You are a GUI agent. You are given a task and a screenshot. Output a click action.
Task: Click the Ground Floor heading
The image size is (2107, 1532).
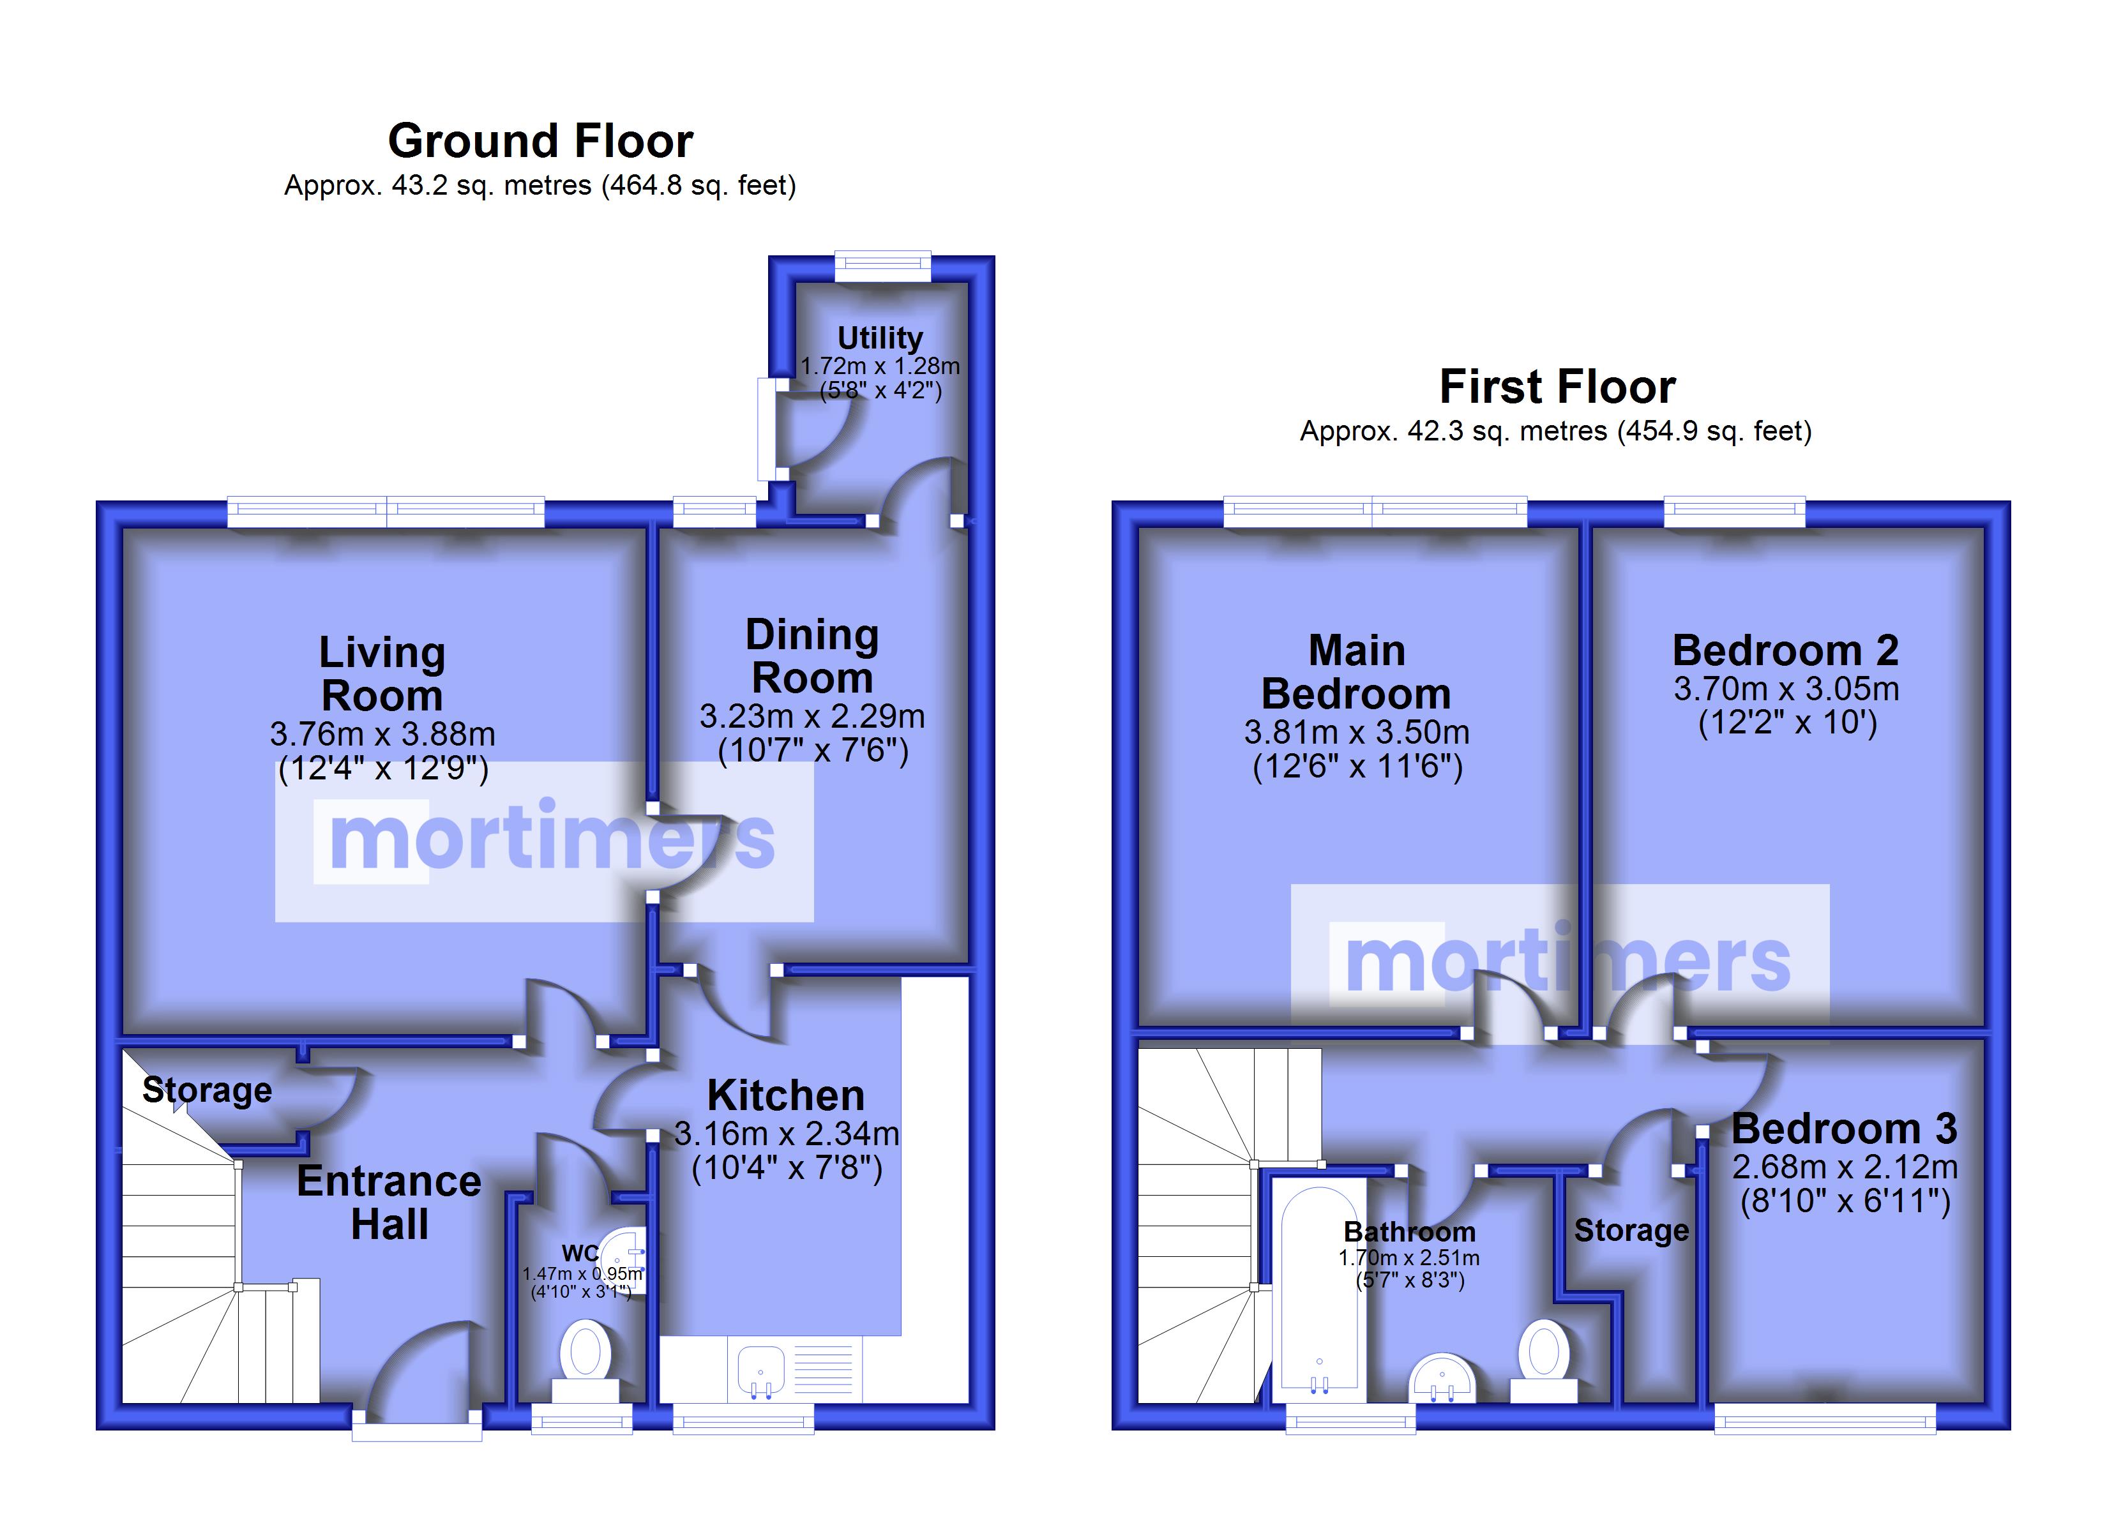point(541,141)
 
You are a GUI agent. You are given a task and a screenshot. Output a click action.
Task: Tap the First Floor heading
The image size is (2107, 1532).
point(1557,386)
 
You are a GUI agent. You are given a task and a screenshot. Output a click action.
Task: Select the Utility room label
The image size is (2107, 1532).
point(880,338)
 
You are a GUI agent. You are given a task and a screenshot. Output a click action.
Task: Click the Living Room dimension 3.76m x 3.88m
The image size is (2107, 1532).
point(382,734)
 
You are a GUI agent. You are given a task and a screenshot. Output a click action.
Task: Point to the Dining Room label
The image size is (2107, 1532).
point(812,656)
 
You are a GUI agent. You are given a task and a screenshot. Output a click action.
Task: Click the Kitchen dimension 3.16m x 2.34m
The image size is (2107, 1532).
point(787,1134)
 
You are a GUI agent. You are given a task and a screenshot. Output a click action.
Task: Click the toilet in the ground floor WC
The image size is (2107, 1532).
point(585,1360)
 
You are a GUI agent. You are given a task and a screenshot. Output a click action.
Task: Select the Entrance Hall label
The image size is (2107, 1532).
point(389,1202)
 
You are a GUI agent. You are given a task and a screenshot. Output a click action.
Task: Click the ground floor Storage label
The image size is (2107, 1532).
point(207,1090)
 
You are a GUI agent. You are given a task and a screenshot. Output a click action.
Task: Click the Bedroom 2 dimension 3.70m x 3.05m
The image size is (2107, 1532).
point(1786,689)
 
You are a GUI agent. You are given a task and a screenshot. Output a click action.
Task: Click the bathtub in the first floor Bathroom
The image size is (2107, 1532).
point(1319,1292)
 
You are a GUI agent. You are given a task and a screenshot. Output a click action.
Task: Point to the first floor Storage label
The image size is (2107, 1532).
point(1631,1230)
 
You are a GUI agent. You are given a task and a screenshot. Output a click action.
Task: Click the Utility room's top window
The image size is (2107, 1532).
point(882,266)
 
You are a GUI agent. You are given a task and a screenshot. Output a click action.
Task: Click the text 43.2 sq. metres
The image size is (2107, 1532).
point(492,186)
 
